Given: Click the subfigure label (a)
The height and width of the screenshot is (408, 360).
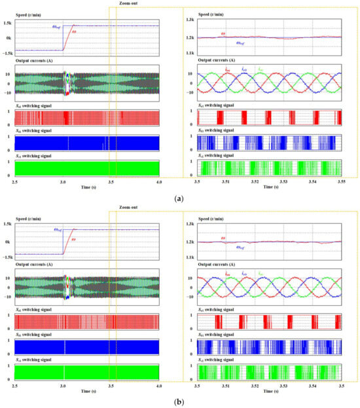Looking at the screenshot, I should pos(179,196).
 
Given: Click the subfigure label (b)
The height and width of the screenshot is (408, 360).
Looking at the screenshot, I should pos(179,399).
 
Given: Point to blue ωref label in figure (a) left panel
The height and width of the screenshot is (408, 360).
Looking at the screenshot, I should pos(57,26).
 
